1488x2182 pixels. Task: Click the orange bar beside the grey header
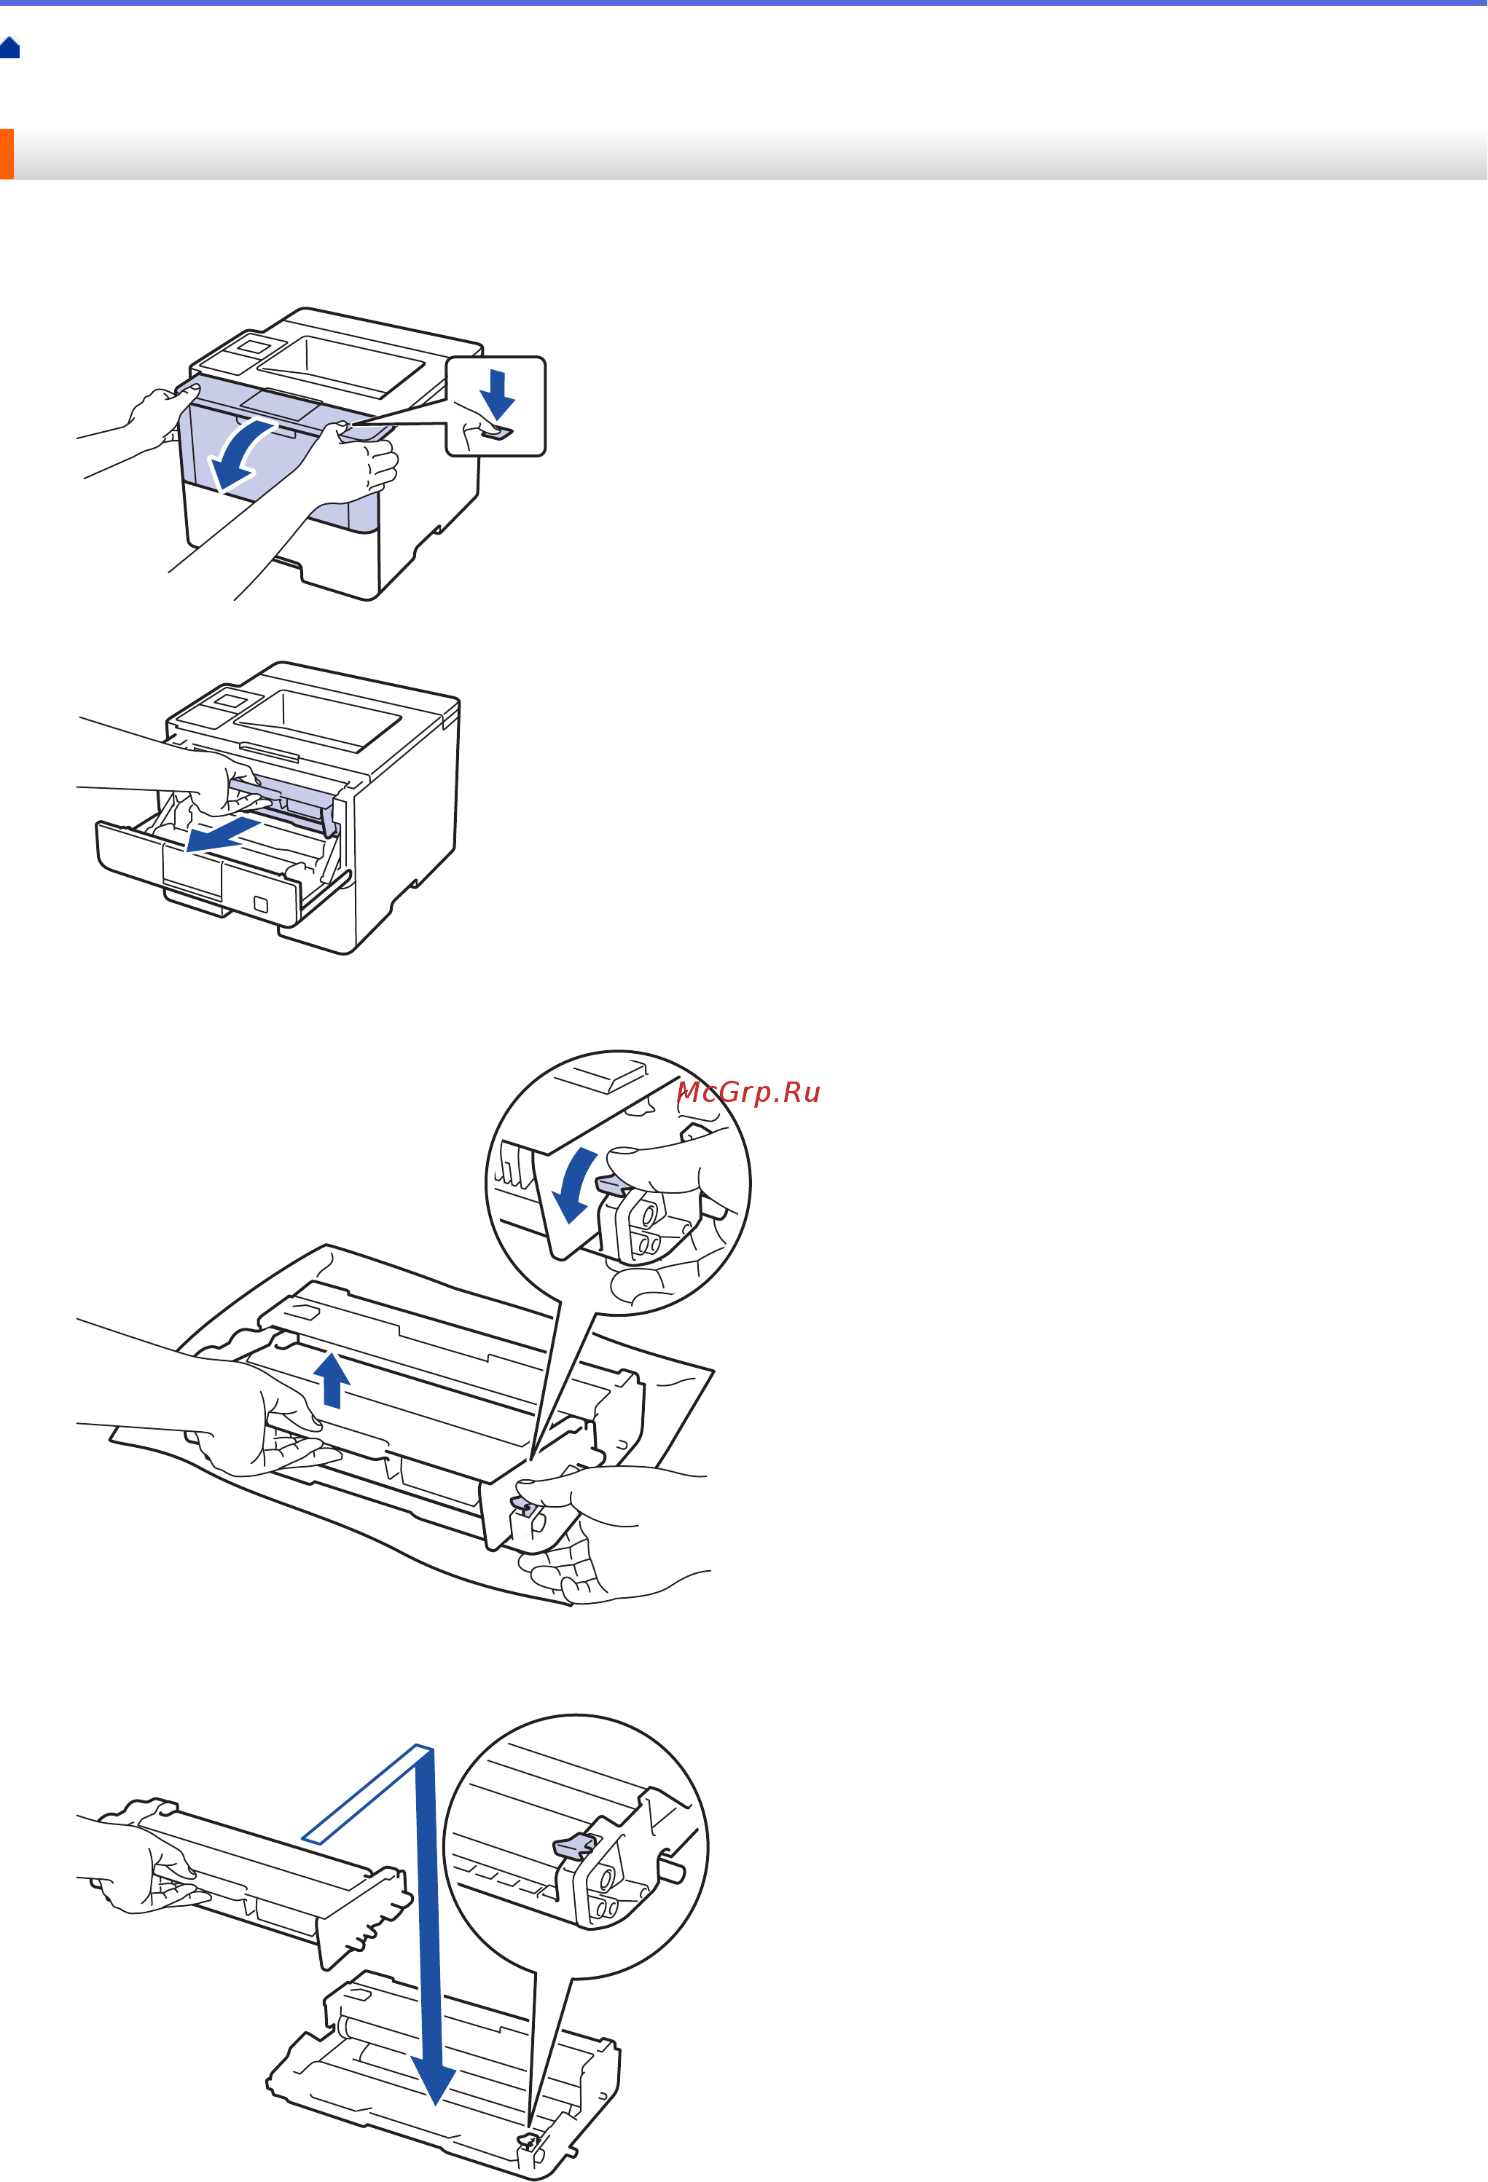point(7,153)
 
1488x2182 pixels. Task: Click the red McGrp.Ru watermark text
point(748,1092)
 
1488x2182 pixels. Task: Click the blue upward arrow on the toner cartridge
point(332,1380)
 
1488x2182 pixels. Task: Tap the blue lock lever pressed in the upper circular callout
point(613,1185)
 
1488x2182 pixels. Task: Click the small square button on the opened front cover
point(261,904)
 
